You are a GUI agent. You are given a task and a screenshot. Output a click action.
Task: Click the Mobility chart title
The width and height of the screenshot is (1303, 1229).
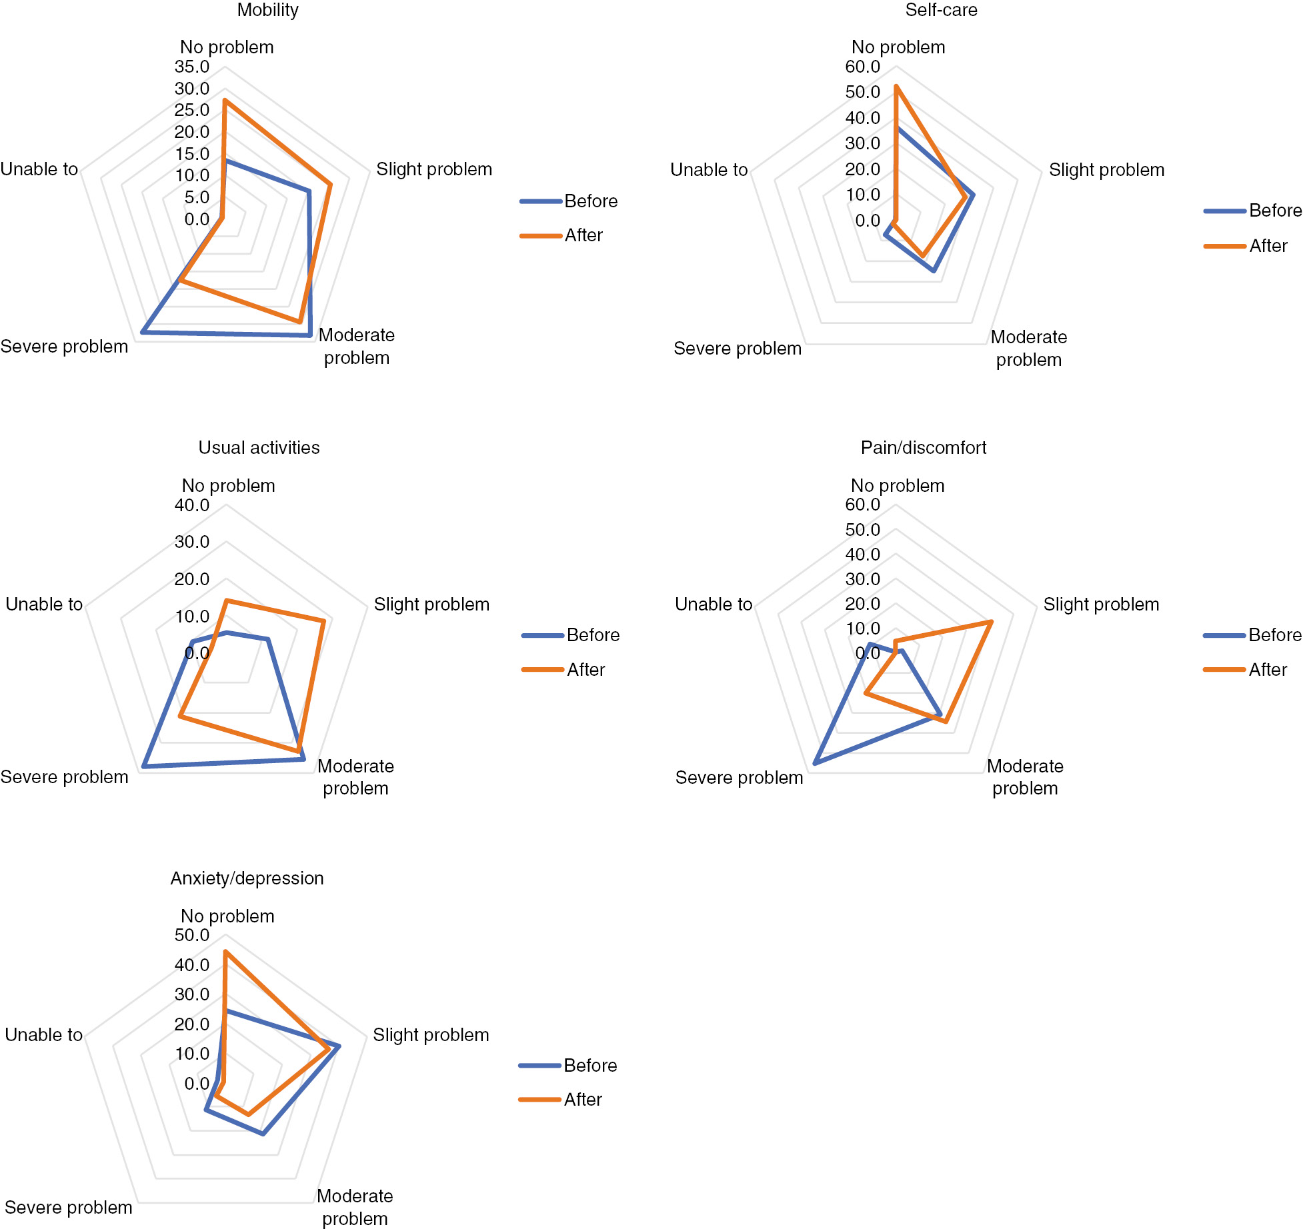coord(267,10)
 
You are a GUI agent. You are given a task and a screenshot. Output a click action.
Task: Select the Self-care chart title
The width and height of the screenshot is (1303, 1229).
coord(941,10)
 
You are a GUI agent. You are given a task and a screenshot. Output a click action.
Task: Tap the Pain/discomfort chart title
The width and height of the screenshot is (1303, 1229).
coord(923,447)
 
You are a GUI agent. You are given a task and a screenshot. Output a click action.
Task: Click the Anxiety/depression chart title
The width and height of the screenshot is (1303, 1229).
coord(247,878)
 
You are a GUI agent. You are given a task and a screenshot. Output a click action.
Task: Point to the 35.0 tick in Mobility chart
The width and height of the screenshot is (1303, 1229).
coord(192,67)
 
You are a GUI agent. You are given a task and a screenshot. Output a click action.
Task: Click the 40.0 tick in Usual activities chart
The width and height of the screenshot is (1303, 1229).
coord(192,505)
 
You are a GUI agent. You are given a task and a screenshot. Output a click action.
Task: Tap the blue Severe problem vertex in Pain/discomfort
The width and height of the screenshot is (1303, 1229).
coord(815,763)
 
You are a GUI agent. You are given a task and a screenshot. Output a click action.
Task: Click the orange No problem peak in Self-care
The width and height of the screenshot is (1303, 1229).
coord(896,87)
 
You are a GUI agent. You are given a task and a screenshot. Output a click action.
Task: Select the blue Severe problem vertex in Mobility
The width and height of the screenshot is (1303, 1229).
coord(143,331)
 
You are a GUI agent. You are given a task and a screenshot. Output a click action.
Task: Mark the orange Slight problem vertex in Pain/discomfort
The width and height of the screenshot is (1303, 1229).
coord(991,622)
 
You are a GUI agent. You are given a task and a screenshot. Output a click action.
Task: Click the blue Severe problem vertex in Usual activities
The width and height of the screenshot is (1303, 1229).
coord(144,766)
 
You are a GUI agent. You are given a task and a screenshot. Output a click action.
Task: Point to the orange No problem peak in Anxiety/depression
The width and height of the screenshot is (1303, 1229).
coord(225,952)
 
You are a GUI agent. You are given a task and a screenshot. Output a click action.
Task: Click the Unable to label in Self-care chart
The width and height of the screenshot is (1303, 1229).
coord(709,170)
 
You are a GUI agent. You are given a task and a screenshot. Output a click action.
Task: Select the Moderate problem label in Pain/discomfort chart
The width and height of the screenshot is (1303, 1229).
coord(1025,777)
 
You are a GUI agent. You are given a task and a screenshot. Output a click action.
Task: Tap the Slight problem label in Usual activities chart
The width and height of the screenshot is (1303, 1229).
coord(431,605)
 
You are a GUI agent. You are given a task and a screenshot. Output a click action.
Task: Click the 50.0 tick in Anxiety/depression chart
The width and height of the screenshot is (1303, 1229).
coord(192,935)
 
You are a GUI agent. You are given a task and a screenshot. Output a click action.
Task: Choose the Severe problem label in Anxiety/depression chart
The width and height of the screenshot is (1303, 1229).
coord(68,1208)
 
